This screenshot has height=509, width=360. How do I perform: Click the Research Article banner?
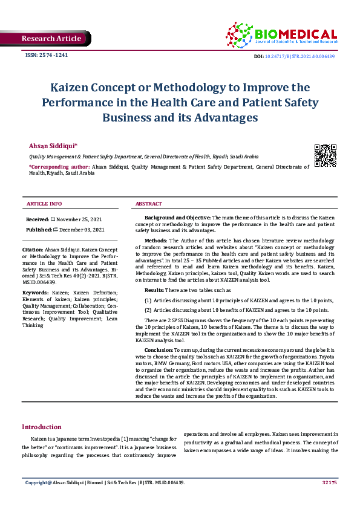click(x=51, y=39)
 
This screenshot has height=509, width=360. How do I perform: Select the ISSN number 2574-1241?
click(x=46, y=55)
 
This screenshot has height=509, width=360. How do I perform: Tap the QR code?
click(x=326, y=156)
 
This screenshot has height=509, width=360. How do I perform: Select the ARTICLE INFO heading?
click(x=44, y=204)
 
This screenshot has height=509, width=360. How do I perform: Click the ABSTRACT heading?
click(x=148, y=204)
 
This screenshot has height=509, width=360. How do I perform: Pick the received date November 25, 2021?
click(x=80, y=219)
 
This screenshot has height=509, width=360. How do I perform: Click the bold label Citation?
click(x=32, y=249)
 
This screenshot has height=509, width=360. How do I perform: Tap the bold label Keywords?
click(x=36, y=293)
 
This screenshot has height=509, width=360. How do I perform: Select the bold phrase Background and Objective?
click(x=177, y=217)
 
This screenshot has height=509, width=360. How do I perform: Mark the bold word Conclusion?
click(x=159, y=350)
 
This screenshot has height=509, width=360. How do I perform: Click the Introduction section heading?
click(x=42, y=427)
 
